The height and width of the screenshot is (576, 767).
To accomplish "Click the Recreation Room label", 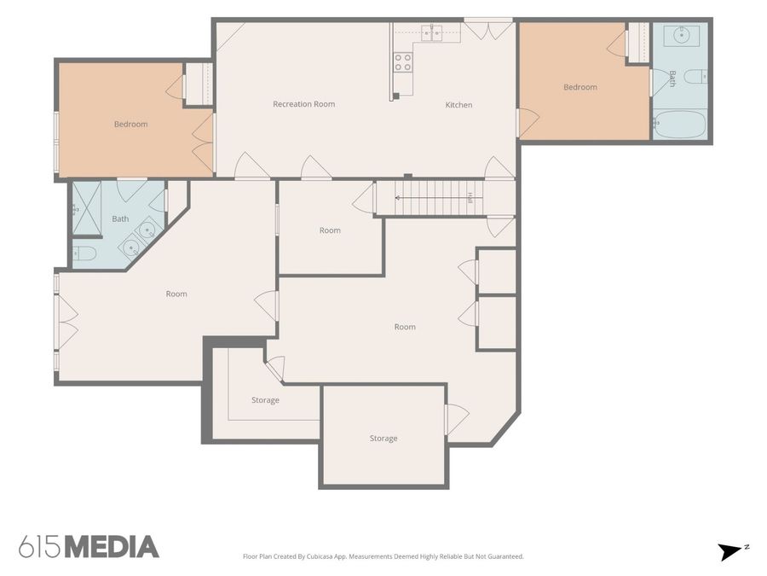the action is point(303,104).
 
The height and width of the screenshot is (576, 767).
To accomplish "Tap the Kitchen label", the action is point(458,105).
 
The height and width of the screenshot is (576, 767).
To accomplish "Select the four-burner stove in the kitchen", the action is point(403,62).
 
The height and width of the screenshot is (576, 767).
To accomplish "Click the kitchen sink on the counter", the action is point(432,33).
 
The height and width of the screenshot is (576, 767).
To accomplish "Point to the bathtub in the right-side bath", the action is point(680,125).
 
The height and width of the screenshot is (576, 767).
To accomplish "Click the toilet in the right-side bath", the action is point(695,77).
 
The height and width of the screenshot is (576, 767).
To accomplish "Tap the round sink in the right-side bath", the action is point(681,34).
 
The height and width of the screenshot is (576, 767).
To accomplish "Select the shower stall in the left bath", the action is point(87,208).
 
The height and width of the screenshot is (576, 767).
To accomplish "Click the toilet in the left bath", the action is point(84,253).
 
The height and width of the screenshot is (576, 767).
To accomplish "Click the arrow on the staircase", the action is point(439,198).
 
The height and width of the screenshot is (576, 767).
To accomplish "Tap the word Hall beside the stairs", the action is point(470,198).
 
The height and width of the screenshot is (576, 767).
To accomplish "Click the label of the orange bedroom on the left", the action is point(130,125).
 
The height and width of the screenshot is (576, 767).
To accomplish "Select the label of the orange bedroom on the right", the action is point(580,87).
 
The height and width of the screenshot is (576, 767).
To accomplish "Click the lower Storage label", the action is point(383,439).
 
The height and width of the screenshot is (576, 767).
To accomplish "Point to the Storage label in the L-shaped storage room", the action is point(265,400).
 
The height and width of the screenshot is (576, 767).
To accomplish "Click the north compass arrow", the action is point(730,551).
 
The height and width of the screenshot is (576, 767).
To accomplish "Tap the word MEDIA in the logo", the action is point(112,547).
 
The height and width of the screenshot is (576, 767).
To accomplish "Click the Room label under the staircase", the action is point(330,230).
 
